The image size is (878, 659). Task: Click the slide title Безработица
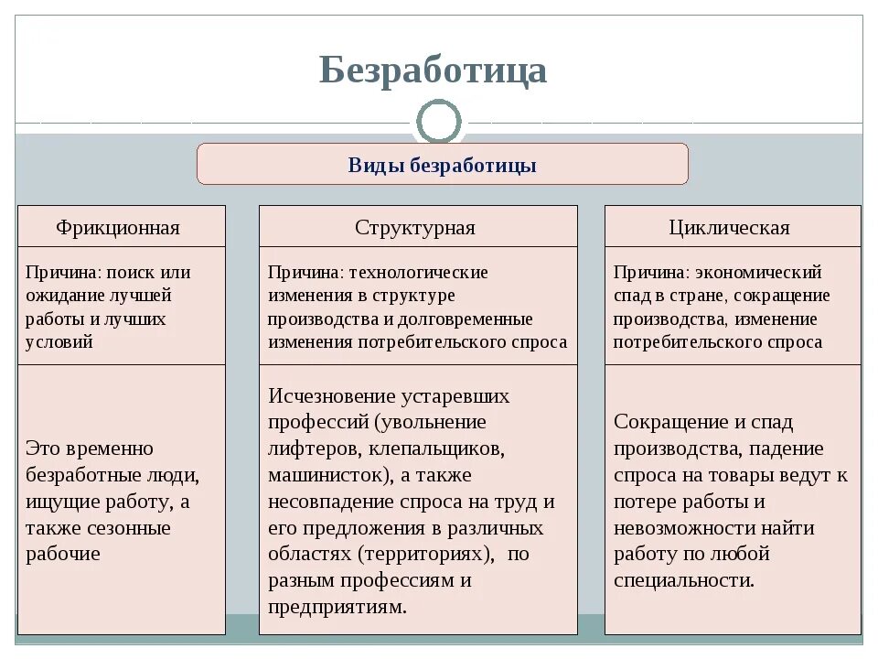coord(433,70)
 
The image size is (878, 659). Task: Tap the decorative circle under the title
coord(439,122)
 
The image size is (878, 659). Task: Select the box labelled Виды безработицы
coord(442,165)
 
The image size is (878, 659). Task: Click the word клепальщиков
coord(432,448)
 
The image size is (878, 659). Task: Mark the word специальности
coord(684,580)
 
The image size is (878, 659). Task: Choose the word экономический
coord(758,273)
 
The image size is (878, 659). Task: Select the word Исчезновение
coord(332,396)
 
